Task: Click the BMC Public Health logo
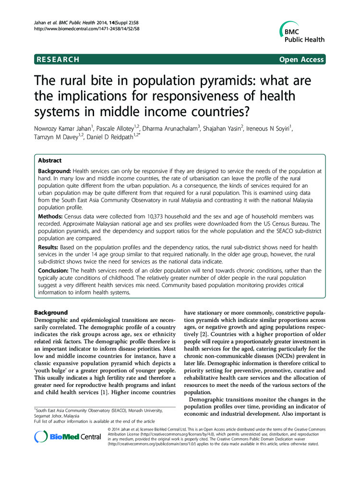pos(301,34)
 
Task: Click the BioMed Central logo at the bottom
pos(68,436)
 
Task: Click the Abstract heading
pos(50,161)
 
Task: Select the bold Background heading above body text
pos(51,312)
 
